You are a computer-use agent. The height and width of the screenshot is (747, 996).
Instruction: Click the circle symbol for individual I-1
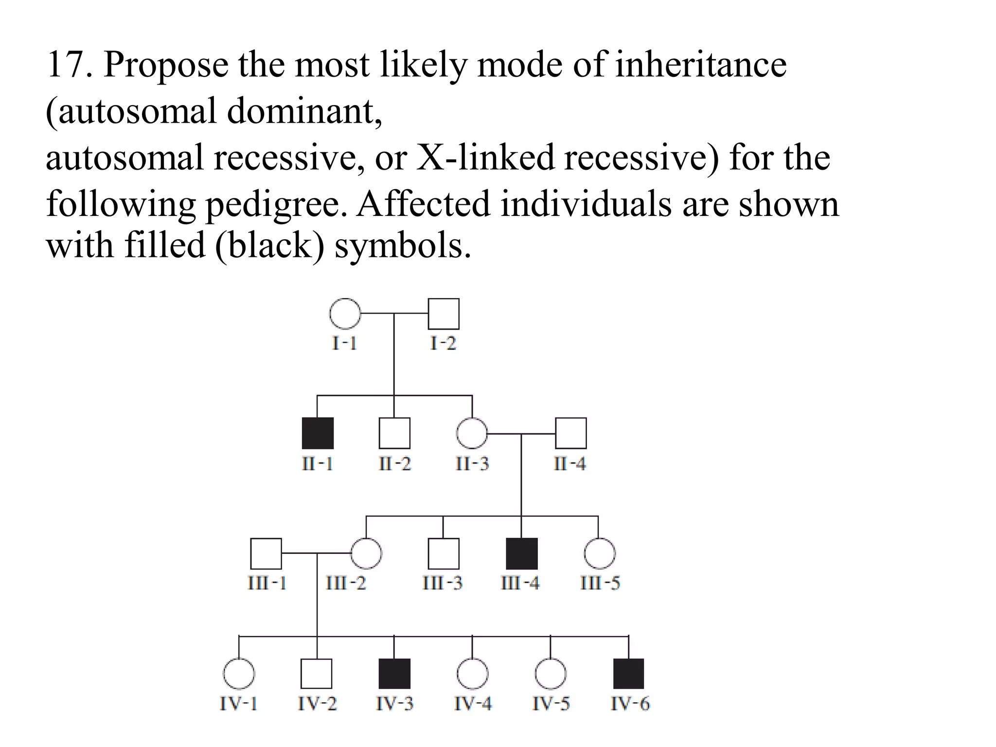coord(345,314)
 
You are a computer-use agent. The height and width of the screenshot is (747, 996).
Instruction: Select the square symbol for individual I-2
coord(443,314)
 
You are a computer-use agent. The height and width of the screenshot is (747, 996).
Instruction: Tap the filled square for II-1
coord(318,433)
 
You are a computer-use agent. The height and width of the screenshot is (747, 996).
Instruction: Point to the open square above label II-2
coord(394,433)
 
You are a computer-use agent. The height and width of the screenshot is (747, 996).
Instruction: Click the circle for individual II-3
coord(472,433)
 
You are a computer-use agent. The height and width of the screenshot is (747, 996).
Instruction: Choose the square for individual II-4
coord(570,433)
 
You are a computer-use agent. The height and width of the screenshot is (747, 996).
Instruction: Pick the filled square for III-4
coord(522,553)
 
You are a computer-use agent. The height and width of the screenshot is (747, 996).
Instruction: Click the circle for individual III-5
coord(599,553)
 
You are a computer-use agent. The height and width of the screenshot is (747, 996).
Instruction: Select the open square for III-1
coord(266,553)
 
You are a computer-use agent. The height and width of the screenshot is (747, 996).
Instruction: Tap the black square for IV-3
coord(394,674)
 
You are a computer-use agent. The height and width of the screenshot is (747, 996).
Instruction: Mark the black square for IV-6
coord(628,674)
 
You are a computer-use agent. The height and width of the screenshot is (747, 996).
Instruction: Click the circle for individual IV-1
coord(239,674)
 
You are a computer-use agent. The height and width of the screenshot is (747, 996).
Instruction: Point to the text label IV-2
coord(317,703)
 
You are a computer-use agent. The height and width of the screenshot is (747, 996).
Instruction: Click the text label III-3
coord(443,583)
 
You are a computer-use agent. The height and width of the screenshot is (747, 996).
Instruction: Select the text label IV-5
coord(551,703)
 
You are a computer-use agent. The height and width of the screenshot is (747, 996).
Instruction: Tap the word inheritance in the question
coord(700,65)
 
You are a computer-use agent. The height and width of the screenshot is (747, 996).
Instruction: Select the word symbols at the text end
coord(403,245)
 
